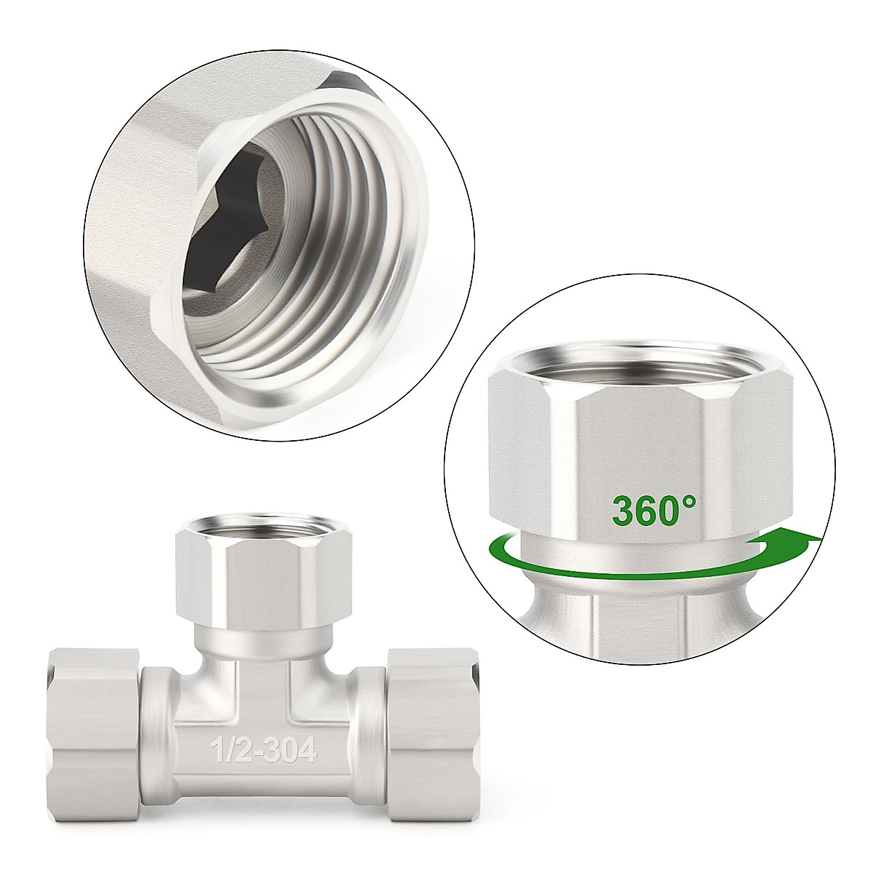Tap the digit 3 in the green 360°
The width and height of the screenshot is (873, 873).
point(624,511)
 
